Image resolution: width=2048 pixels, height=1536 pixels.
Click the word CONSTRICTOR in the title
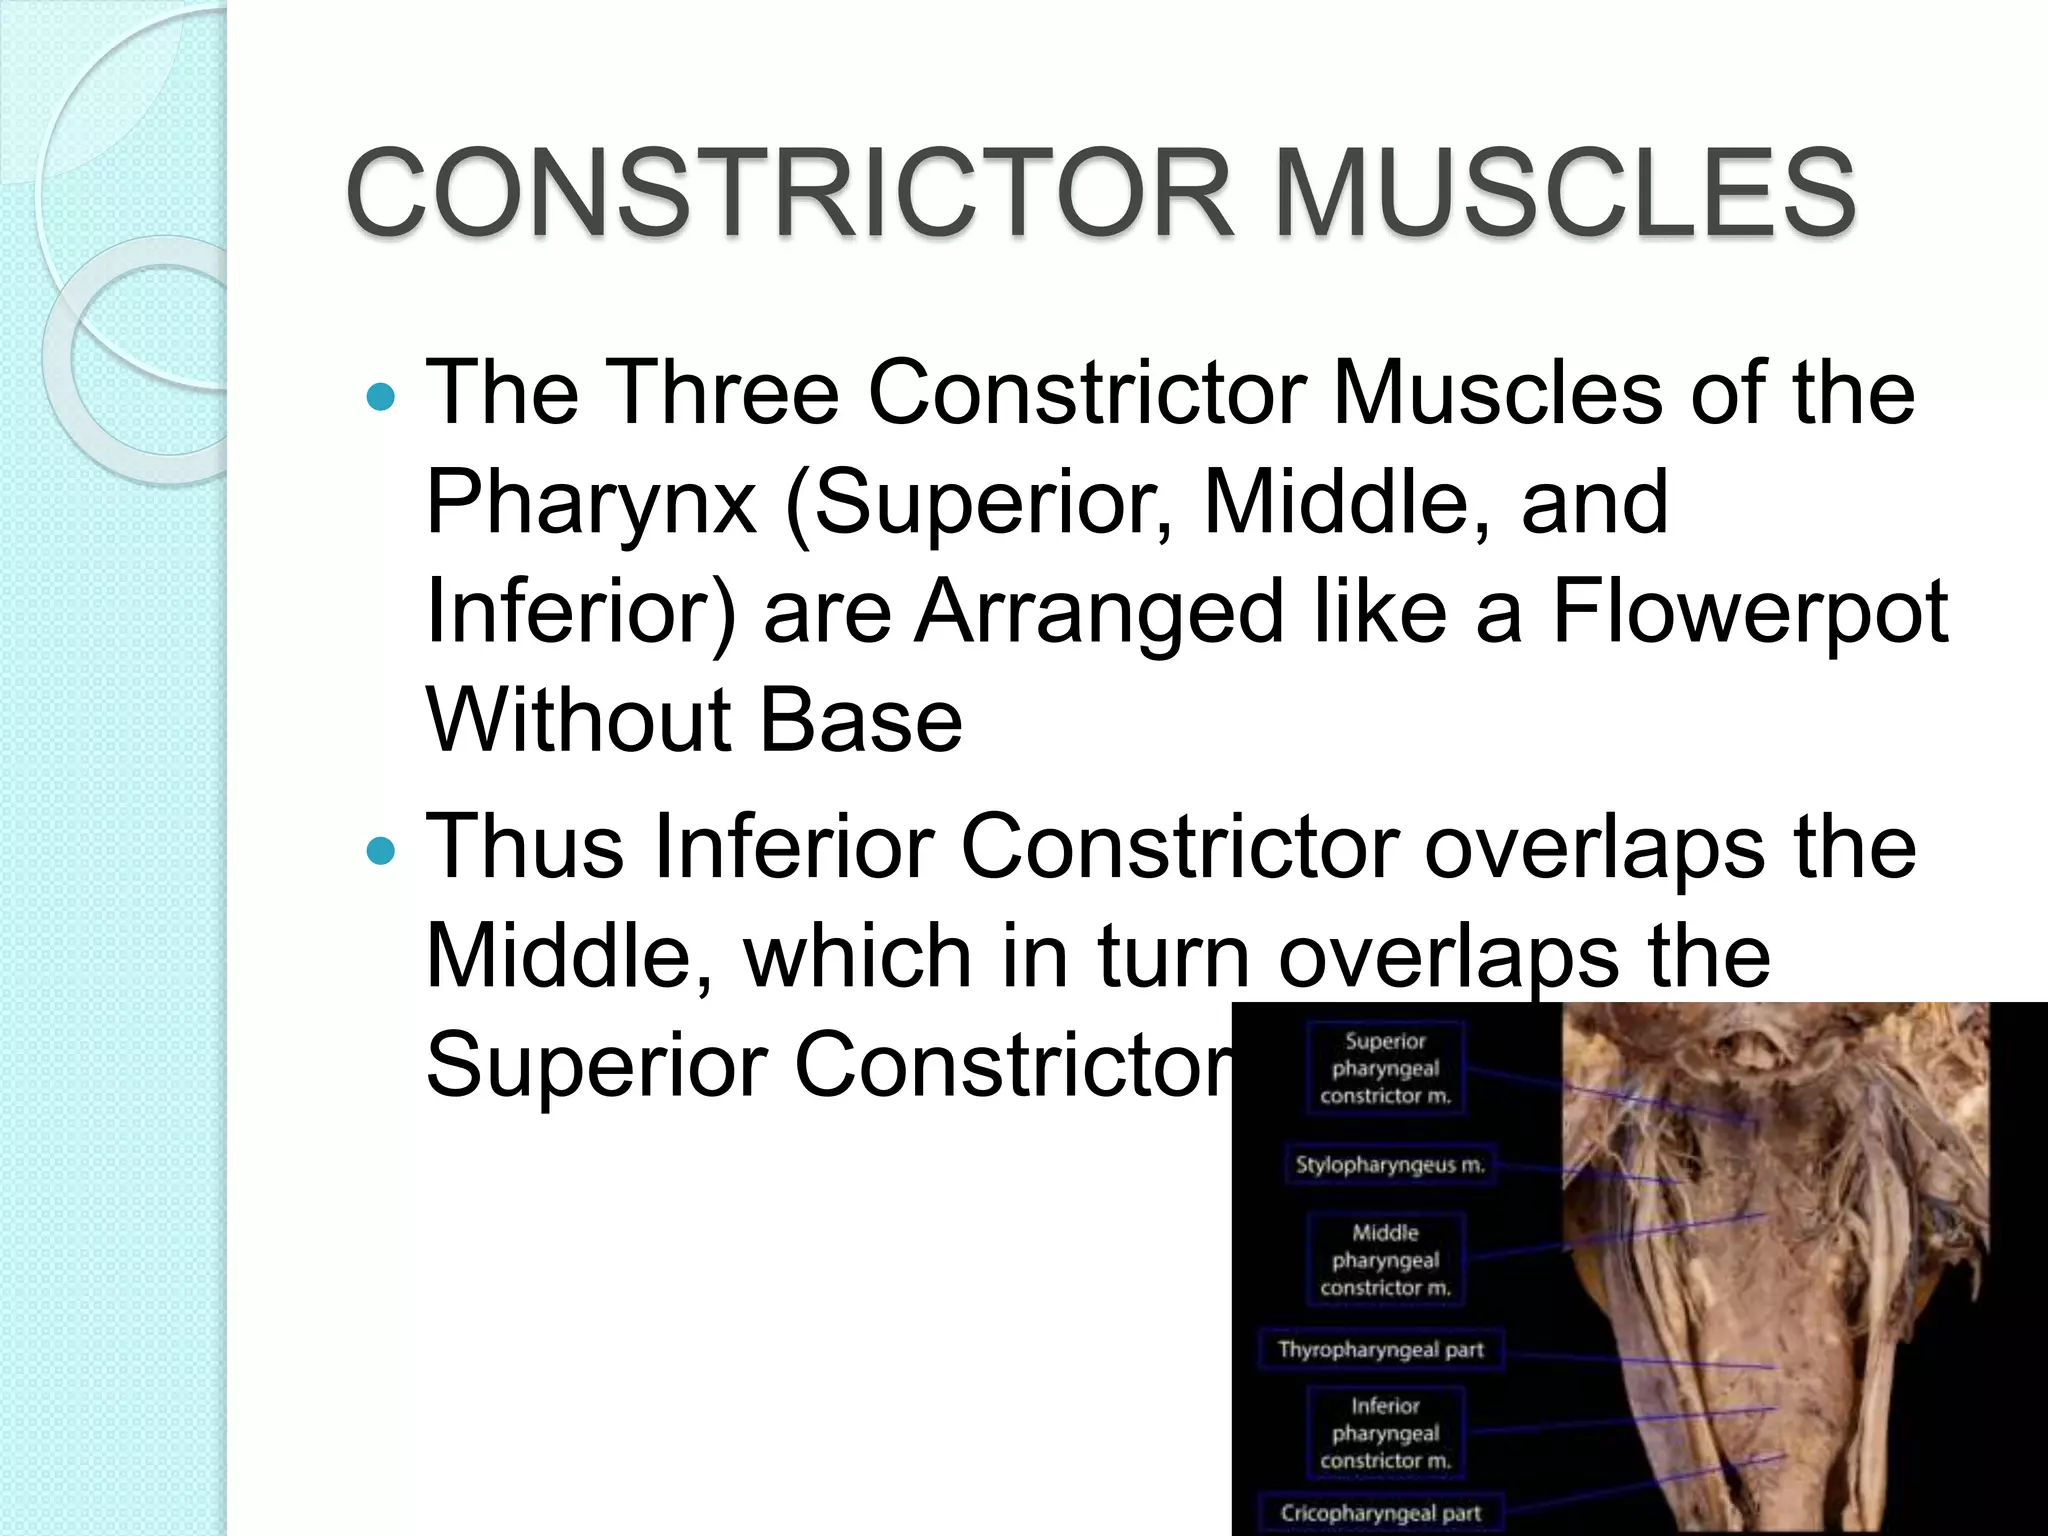(790, 192)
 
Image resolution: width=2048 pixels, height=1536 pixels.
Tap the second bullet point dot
(381, 852)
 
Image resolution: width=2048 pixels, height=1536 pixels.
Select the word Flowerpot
(1749, 612)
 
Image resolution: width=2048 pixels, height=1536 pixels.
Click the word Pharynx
(590, 504)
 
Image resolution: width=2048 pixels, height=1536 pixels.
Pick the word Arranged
(1099, 612)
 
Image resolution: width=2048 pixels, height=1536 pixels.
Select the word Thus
(526, 848)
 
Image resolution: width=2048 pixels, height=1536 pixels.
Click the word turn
(1174, 957)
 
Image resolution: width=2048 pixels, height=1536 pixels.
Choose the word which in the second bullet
(856, 957)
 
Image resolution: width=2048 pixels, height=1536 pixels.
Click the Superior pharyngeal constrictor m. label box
(1385, 1068)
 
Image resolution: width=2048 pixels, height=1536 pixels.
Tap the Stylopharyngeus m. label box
(1390, 1165)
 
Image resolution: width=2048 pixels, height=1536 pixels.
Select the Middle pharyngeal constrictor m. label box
(1385, 1260)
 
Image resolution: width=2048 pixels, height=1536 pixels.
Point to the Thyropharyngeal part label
(1380, 1350)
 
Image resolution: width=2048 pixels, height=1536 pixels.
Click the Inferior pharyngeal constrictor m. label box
(1385, 1433)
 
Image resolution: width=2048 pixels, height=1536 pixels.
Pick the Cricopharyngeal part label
(1380, 1513)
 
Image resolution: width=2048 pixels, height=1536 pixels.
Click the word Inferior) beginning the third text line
(580, 612)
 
